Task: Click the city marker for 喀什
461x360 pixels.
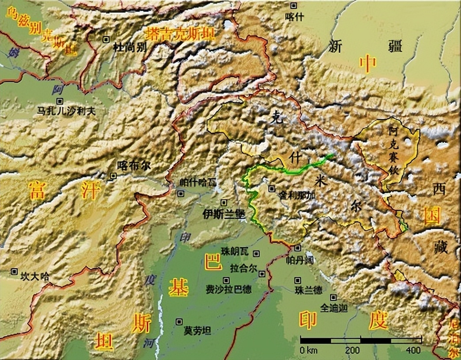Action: (294, 5)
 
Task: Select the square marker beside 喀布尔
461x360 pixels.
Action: (113, 176)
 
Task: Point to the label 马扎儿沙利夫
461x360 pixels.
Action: (67, 112)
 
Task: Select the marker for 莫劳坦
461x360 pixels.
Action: (179, 322)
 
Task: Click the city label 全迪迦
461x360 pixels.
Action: (334, 308)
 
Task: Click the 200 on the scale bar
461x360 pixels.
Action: (353, 350)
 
